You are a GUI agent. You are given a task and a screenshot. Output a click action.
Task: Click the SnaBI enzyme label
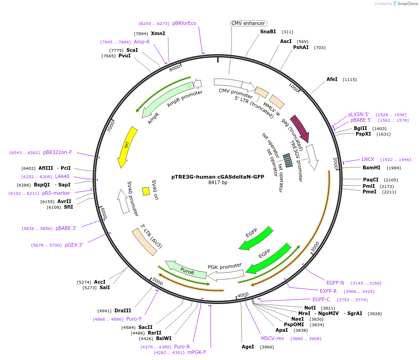pyautogui.click(x=268, y=31)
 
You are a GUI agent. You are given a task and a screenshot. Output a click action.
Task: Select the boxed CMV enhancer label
pyautogui.click(x=248, y=23)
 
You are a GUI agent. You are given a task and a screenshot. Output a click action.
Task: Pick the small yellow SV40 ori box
pyautogui.click(x=146, y=191)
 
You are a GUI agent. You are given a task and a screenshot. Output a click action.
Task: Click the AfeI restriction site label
pyautogui.click(x=332, y=80)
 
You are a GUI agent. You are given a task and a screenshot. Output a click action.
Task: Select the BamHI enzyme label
pyautogui.click(x=371, y=168)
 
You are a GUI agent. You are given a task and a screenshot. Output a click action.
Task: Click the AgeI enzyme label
pyautogui.click(x=248, y=347)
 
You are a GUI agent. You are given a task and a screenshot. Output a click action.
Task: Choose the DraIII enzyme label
pyautogui.click(x=123, y=311)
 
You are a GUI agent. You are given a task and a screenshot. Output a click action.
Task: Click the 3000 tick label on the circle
pyautogui.click(x=315, y=247)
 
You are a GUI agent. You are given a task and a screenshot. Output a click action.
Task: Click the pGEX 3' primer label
pyautogui.click(x=74, y=245)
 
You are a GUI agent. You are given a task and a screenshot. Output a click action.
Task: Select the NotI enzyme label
pyautogui.click(x=310, y=308)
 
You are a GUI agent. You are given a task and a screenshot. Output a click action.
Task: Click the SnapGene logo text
pyautogui.click(x=406, y=4)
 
